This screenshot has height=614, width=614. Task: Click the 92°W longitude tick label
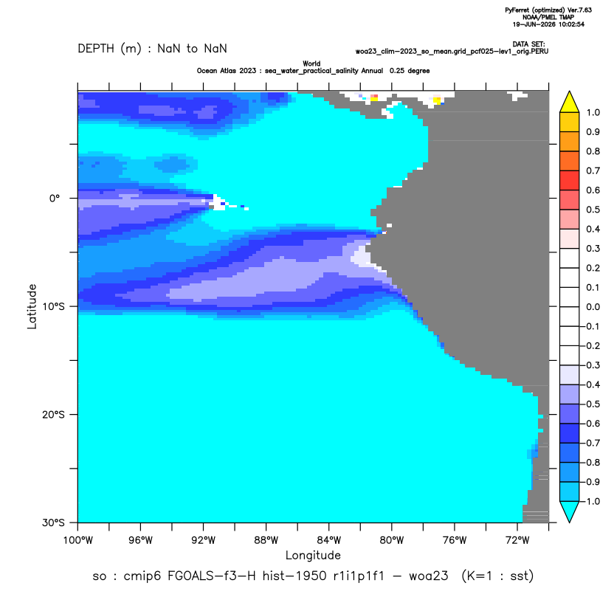click(203, 540)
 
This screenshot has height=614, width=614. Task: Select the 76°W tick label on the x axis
click(455, 540)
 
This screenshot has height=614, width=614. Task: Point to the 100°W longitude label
click(78, 540)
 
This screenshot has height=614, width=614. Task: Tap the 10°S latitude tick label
click(53, 306)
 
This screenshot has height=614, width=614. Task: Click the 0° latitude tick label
click(55, 198)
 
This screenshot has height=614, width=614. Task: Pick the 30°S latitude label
click(53, 522)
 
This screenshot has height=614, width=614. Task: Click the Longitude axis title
click(313, 555)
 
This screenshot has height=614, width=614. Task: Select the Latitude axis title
click(32, 306)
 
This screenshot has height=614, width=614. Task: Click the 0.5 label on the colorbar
click(593, 210)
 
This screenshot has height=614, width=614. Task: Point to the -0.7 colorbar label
click(591, 443)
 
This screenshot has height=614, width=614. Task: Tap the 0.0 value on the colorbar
click(593, 306)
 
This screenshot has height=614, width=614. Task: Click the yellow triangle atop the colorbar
click(570, 103)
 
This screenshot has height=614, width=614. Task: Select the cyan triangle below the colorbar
click(570, 511)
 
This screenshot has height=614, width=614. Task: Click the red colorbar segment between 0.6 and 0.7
click(570, 181)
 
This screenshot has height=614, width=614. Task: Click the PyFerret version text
click(548, 10)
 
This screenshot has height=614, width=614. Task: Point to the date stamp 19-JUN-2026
click(531, 24)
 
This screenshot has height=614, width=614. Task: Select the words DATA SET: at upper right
click(528, 44)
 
